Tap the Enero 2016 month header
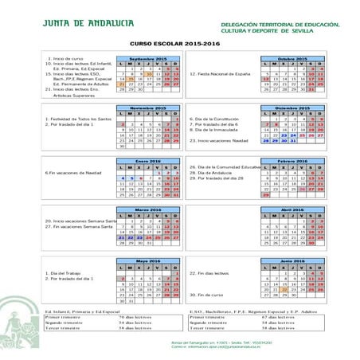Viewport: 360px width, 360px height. coord(146,161)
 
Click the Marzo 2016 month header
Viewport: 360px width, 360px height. coord(146,209)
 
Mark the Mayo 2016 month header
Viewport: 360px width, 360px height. coord(146,260)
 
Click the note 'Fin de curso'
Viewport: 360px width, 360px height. coord(208,295)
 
